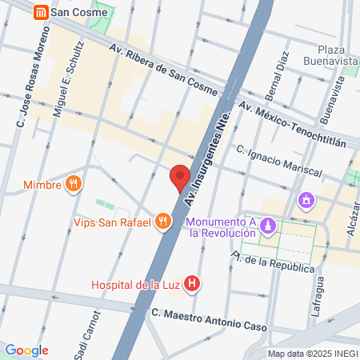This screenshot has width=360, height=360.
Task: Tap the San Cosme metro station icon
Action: click(x=39, y=12)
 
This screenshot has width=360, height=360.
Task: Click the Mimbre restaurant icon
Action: click(x=74, y=184)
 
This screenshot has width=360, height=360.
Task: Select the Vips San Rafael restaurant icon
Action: click(x=164, y=222)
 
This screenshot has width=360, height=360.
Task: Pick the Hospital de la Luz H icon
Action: click(x=191, y=283)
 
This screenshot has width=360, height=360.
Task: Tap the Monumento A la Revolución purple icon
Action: click(x=270, y=227)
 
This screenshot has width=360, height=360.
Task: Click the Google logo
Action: click(x=26, y=350)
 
